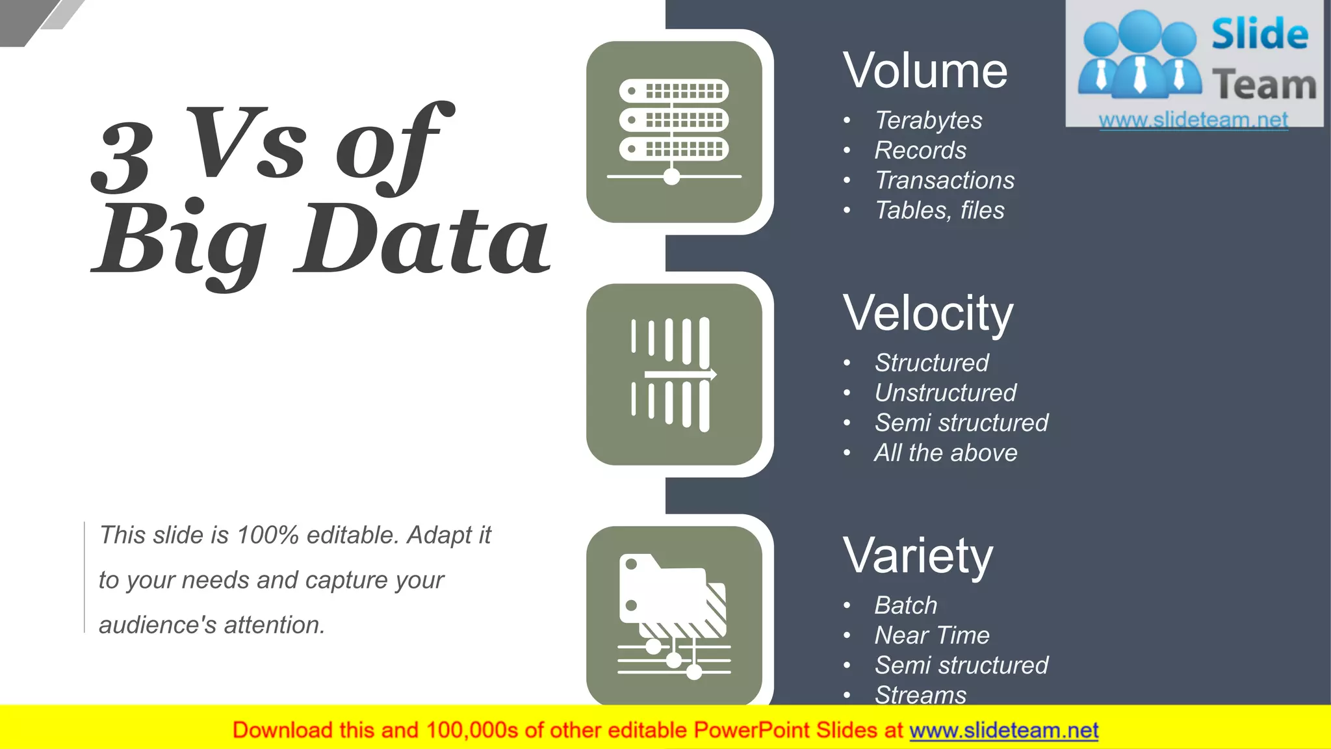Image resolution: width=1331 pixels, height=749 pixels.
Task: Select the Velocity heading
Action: click(927, 313)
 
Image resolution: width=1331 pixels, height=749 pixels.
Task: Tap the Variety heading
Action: click(918, 556)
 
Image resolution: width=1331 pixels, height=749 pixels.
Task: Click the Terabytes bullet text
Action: click(928, 120)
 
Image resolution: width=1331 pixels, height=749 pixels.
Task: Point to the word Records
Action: click(920, 150)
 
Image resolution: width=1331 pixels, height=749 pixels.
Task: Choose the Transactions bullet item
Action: click(944, 180)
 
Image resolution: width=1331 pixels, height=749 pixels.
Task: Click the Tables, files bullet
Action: click(939, 210)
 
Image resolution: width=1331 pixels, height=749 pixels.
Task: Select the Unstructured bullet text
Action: click(945, 393)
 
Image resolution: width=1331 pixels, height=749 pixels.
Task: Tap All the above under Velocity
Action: click(946, 453)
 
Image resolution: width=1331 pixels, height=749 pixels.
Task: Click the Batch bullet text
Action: click(905, 605)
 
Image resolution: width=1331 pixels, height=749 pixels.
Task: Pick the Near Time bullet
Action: click(931, 635)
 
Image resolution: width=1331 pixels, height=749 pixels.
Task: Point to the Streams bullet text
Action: click(920, 695)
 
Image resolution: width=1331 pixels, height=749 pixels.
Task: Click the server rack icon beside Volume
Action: click(674, 132)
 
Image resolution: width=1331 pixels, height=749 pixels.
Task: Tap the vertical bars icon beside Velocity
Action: click(674, 374)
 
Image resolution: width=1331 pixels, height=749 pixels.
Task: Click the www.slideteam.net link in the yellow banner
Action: click(1003, 730)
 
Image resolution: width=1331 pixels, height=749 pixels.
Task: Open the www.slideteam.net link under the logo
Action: click(1193, 120)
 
